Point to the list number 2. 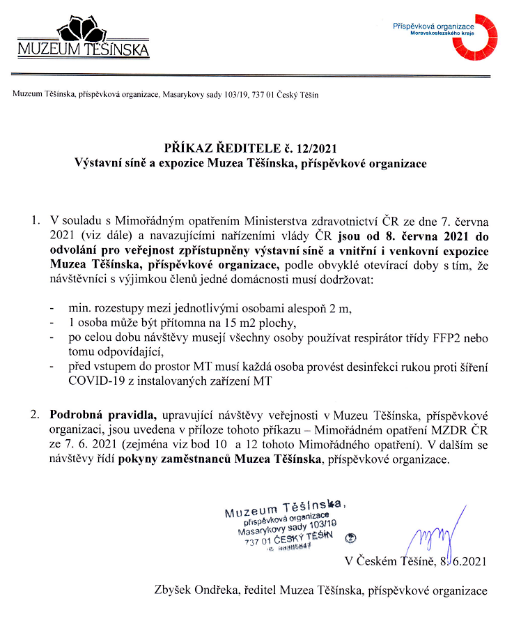(x=35, y=414)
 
